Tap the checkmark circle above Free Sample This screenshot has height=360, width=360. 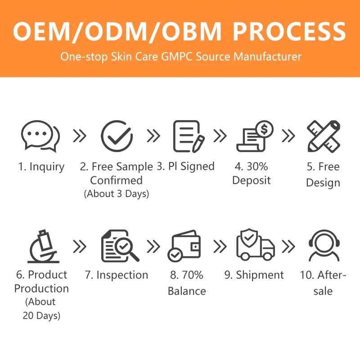point(117,135)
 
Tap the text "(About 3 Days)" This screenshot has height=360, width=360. point(116,194)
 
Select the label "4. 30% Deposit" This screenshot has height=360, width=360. point(251,174)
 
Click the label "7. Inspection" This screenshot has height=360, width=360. point(116,275)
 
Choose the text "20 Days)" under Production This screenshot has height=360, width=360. point(41,315)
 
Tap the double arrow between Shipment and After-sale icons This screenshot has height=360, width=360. point(288,246)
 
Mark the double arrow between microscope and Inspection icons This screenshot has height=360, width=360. point(80,246)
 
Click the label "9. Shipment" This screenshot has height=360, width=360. point(254,275)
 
